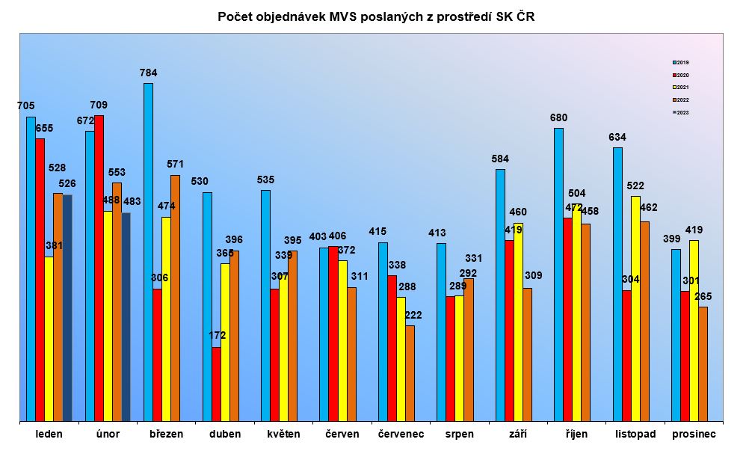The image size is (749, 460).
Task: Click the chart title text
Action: coord(376,16)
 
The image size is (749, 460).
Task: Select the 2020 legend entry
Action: coord(680,75)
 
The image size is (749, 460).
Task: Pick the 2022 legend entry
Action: coord(680,99)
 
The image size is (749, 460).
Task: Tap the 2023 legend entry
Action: coord(680,112)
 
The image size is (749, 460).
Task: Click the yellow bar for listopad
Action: coord(635,309)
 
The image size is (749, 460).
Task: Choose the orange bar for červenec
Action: coord(410,373)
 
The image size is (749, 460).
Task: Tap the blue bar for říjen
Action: coord(558,275)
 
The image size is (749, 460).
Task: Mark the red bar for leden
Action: coord(40,280)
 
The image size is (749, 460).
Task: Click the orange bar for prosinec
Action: coord(703,364)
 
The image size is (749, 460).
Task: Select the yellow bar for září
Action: coord(518,322)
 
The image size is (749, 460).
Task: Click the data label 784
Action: coord(148,73)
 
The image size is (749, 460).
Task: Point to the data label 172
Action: coord(218,336)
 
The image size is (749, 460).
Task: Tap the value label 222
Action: coord(413,315)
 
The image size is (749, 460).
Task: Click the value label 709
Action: coord(99,105)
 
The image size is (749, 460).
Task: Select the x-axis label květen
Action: coord(283,435)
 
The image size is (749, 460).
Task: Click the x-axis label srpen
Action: coord(459,435)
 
